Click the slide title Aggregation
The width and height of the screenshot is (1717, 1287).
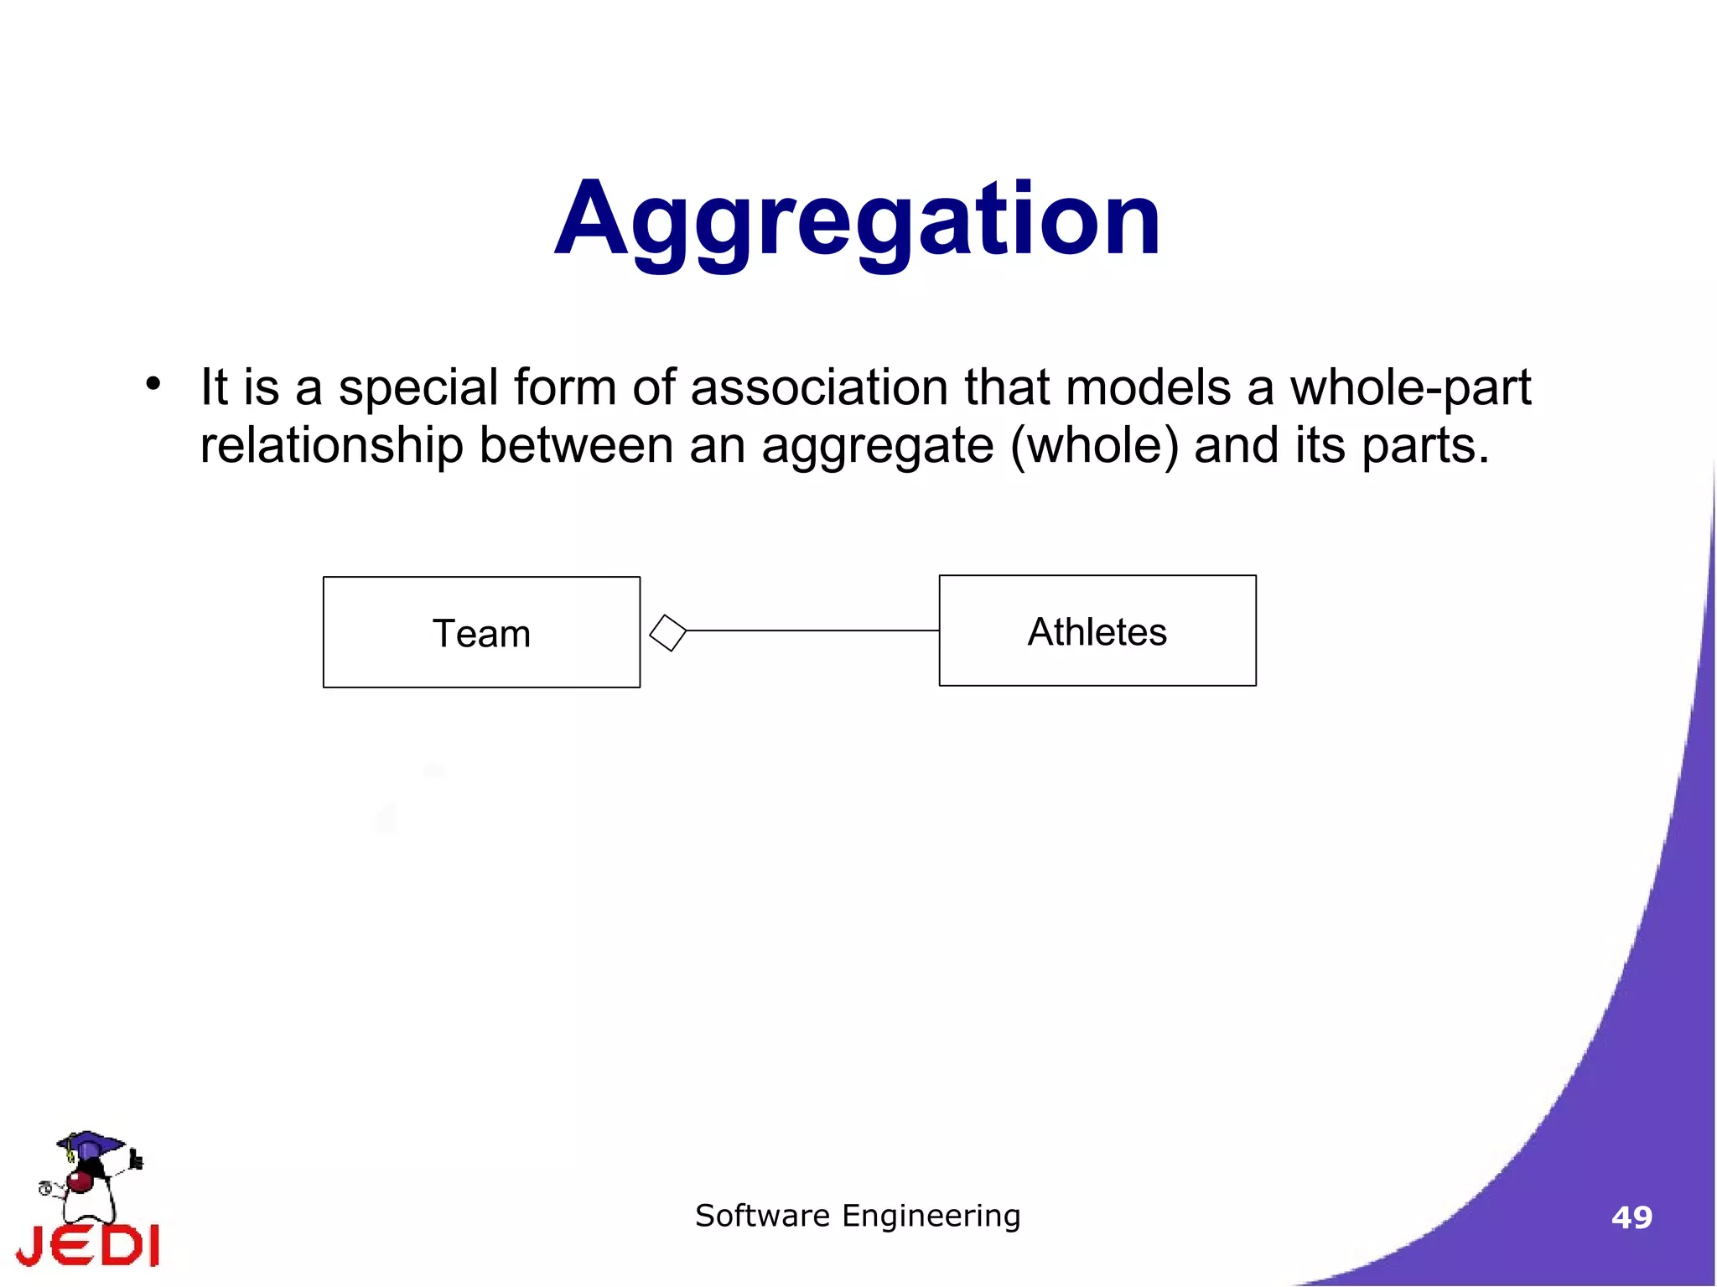(857, 220)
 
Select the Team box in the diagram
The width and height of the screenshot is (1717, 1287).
(481, 632)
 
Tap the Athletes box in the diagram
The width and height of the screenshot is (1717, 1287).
(1097, 631)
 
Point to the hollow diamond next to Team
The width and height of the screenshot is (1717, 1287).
(667, 632)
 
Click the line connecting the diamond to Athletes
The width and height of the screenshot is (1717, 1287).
(812, 631)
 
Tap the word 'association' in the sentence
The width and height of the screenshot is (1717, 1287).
(820, 387)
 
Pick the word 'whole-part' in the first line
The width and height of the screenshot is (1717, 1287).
(1410, 388)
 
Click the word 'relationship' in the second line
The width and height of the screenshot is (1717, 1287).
(331, 445)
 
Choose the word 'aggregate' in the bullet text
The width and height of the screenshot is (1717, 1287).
(877, 447)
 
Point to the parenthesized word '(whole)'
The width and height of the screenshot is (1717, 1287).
(1094, 445)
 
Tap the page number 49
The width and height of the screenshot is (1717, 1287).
(1631, 1217)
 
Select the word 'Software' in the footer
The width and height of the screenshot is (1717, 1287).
(762, 1216)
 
